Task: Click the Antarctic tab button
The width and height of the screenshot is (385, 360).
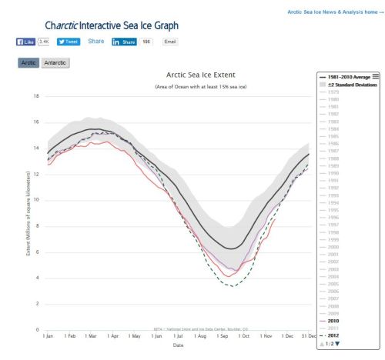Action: (55, 62)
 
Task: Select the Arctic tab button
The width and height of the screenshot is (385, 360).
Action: (28, 62)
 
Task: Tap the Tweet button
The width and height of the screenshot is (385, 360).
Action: (69, 42)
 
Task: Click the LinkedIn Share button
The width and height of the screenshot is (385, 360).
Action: (125, 42)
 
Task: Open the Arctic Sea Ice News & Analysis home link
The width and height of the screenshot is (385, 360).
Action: (333, 12)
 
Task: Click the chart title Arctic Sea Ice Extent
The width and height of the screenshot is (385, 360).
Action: (200, 75)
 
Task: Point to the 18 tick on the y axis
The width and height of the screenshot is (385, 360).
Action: (36, 96)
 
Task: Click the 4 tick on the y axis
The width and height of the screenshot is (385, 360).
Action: (37, 278)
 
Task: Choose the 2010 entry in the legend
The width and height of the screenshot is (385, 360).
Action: (336, 321)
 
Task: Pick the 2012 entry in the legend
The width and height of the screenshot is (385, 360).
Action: (336, 335)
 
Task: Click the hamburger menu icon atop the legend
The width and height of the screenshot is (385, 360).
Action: (376, 75)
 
